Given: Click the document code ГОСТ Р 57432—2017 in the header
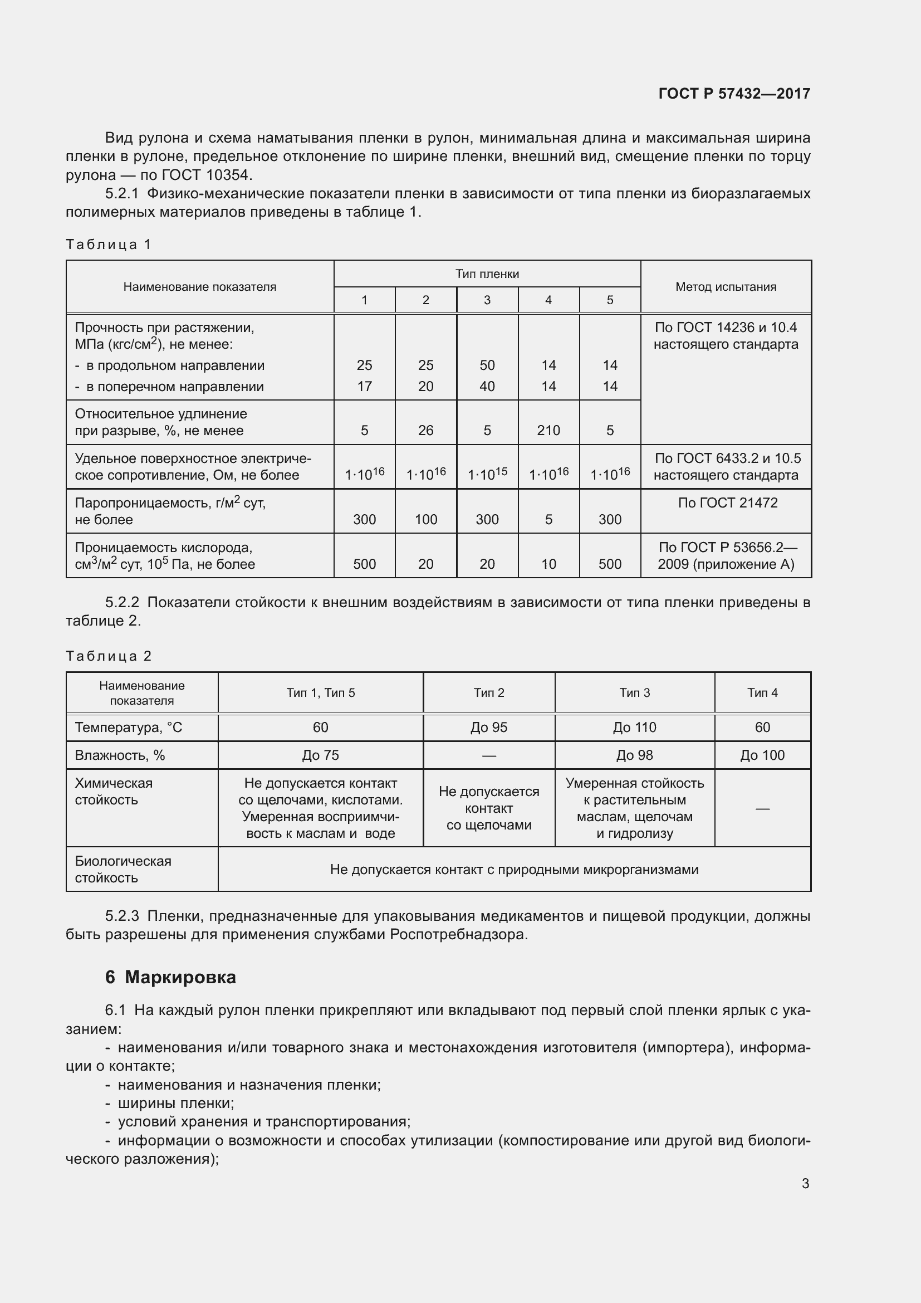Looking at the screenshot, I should point(734,94).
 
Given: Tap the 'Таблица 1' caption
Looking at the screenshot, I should point(109,245).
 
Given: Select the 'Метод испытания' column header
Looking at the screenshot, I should point(726,286).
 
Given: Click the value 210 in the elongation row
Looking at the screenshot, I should point(548,430).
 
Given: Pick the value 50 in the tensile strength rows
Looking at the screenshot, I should point(487,365).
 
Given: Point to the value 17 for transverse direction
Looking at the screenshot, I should point(364,387).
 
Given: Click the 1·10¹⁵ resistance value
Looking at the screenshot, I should point(487,474).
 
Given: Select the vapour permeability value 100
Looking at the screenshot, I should point(425,519).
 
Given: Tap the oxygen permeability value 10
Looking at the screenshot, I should point(548,564).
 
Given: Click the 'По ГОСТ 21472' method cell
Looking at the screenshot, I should point(727,503).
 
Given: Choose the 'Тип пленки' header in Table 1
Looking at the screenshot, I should point(487,274).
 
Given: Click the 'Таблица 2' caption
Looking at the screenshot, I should point(109,656).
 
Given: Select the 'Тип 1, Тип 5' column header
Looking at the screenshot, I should point(320,692).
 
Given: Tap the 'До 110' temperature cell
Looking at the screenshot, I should point(634,727).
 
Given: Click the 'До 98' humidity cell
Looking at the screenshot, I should point(634,755).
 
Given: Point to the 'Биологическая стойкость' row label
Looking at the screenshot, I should point(123,869).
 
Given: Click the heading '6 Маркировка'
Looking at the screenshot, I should point(170,977).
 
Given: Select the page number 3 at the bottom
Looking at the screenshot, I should point(805,1183).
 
